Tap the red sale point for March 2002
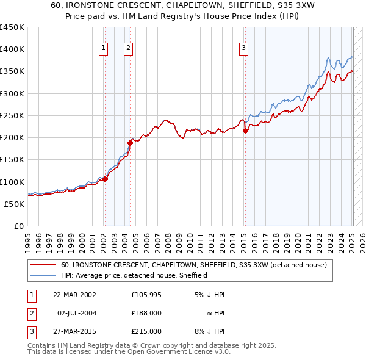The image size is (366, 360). pos(105,179)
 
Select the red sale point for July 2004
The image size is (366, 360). pos(130,143)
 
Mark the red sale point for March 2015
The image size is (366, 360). pos(245,131)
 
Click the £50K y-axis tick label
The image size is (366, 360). pos(15,204)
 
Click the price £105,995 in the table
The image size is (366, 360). pos(146,295)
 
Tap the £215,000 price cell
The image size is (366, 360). pos(146,331)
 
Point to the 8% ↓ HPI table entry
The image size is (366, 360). pos(209,331)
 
